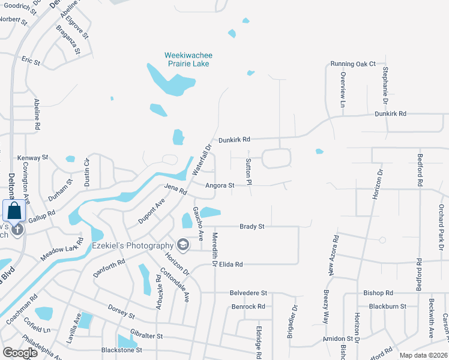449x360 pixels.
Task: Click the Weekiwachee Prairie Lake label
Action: (x=188, y=59)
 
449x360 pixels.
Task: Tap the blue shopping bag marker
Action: (x=13, y=211)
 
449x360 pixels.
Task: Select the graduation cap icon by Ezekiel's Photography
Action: (x=182, y=244)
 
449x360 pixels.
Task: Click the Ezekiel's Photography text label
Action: (x=132, y=245)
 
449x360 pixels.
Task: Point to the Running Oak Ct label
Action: (x=352, y=64)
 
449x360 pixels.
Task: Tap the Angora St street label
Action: (x=220, y=185)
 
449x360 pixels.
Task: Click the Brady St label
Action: (x=252, y=226)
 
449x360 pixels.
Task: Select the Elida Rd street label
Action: (x=231, y=264)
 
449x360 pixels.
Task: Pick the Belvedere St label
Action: (x=248, y=292)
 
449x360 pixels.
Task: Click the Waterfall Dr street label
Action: (x=203, y=159)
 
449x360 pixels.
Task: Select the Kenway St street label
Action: (x=32, y=157)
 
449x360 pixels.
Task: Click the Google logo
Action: (x=20, y=352)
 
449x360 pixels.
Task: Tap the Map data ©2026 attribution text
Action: (x=423, y=355)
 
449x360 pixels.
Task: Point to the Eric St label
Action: (x=31, y=61)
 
